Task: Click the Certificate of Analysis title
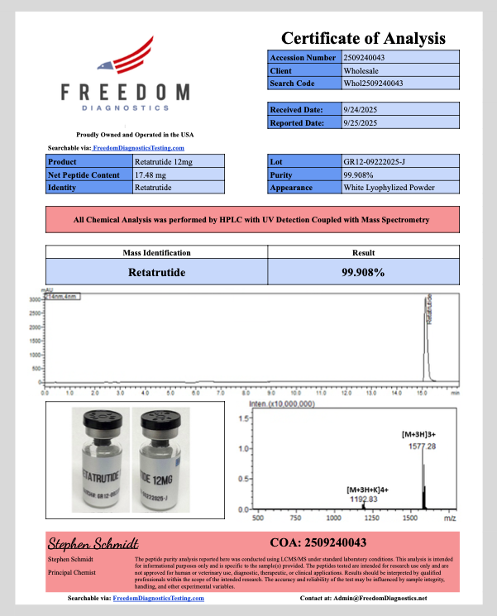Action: [363, 38]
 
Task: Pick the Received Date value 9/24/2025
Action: [360, 109]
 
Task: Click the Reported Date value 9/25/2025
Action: [360, 122]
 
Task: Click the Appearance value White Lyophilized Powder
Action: [389, 188]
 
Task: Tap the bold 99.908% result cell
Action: [364, 271]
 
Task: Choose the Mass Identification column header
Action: [157, 253]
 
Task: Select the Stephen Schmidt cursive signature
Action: [93, 543]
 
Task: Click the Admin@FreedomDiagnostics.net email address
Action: [386, 597]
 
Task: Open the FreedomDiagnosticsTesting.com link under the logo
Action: [138, 147]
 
